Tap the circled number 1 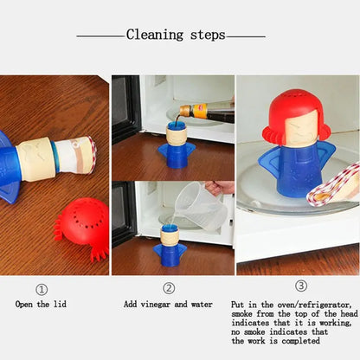coord(42,288)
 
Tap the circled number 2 coord(169,288)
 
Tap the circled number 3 coord(301,286)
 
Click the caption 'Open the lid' coord(41,305)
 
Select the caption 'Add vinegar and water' coord(169,305)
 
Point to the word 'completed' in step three coord(306,341)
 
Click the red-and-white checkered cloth coord(337,190)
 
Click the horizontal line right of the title coord(246,36)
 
